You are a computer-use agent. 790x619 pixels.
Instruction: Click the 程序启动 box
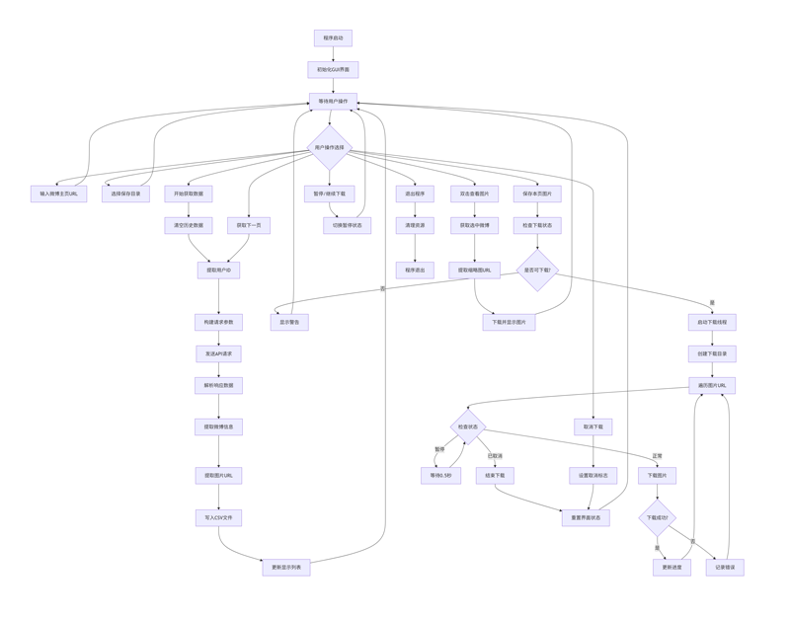click(333, 39)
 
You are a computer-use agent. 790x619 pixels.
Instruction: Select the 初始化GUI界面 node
click(333, 70)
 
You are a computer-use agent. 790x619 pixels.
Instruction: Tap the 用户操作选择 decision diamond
click(330, 148)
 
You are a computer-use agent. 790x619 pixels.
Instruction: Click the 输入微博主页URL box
click(58, 194)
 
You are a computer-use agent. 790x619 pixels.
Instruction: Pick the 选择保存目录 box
click(125, 194)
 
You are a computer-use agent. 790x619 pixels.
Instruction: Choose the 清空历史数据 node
click(188, 226)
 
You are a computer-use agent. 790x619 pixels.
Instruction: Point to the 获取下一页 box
click(249, 226)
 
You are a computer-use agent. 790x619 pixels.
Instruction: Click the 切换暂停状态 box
click(348, 226)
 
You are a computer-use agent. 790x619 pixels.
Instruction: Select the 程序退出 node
click(415, 271)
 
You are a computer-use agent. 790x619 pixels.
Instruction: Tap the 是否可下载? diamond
click(537, 271)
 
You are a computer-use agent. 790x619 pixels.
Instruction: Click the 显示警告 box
click(289, 323)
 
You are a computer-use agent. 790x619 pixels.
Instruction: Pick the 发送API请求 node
click(218, 354)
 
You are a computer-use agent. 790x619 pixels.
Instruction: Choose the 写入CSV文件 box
click(218, 518)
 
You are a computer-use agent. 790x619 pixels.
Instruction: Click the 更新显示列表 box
click(286, 568)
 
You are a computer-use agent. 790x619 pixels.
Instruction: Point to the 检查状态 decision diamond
click(468, 427)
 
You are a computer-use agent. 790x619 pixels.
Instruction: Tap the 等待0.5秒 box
click(440, 476)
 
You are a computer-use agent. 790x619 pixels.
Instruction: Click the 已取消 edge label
click(495, 456)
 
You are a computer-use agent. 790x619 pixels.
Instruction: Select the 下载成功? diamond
click(657, 518)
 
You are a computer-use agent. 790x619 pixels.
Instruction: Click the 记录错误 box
click(725, 568)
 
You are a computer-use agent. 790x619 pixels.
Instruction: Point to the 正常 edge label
click(657, 456)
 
